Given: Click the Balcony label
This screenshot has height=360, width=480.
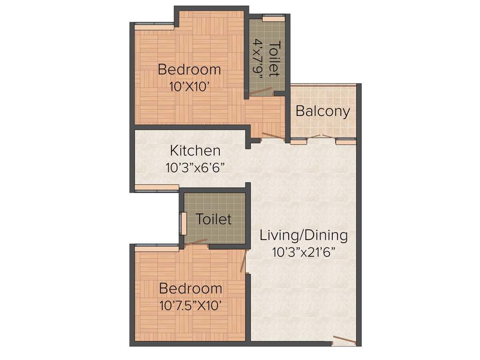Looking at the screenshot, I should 323,112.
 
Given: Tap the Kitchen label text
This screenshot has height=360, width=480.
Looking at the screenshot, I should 195,150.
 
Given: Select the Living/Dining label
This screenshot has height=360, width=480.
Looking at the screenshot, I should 304,235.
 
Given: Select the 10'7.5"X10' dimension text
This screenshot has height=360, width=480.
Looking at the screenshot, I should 190,306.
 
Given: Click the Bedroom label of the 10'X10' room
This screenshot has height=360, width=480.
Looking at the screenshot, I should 189,69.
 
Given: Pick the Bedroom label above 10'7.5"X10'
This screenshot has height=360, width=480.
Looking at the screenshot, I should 190,288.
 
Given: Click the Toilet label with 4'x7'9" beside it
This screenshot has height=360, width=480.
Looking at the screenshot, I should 275,59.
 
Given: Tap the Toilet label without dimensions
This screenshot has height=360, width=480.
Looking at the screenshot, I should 214,219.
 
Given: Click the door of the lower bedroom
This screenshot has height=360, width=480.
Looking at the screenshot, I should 243,262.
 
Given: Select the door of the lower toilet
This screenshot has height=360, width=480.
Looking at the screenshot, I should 196,242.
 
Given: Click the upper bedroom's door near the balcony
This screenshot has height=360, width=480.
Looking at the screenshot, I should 273,136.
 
